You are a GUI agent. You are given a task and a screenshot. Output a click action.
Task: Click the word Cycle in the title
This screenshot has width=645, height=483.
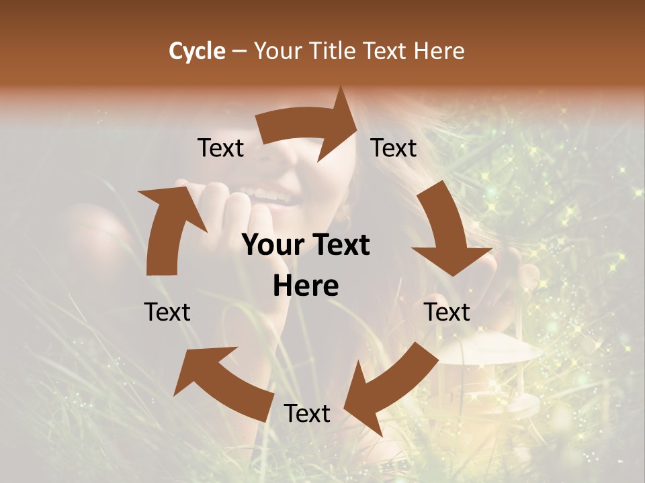pos(197,51)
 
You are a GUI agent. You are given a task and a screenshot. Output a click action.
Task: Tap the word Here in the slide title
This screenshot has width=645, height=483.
pos(439,51)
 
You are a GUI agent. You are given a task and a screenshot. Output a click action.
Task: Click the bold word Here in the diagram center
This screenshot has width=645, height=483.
pos(306,286)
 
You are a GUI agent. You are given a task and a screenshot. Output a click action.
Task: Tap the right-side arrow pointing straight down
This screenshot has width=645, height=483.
pos(447,231)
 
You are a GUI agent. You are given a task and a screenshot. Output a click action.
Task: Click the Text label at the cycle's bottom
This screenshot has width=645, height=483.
pos(307,414)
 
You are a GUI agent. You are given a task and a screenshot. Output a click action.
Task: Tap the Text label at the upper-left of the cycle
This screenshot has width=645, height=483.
pos(220,148)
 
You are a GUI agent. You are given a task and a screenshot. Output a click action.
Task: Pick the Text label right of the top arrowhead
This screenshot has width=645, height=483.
pos(394,148)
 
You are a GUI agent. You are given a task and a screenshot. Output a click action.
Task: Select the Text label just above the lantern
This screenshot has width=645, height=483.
pos(447,312)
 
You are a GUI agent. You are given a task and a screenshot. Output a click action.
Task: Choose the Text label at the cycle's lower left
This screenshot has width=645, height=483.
pos(167,312)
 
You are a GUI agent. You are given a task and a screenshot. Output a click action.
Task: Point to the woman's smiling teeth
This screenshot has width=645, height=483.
pos(272,195)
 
